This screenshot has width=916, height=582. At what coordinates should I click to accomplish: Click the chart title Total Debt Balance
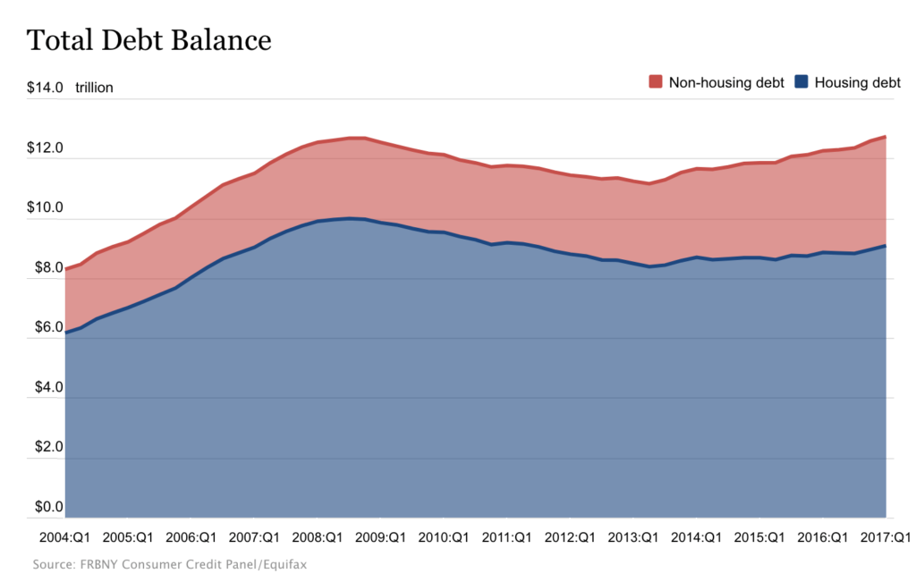point(148,40)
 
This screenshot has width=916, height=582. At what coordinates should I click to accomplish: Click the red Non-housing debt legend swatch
point(655,82)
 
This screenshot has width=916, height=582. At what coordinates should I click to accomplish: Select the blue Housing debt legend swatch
point(801,82)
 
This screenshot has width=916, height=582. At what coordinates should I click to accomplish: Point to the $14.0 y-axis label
point(45,88)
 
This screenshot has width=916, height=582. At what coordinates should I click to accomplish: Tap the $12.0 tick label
point(45,148)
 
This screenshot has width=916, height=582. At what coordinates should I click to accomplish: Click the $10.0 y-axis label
point(45,207)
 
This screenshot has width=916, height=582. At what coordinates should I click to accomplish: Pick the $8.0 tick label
point(45,267)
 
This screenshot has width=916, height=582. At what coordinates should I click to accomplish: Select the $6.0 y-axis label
point(45,327)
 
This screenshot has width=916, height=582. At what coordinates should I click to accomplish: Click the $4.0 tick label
point(45,387)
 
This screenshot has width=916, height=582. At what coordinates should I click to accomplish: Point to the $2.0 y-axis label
point(45,447)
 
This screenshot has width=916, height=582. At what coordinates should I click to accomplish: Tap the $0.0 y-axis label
point(45,507)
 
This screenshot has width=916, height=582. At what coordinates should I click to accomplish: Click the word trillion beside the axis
point(94,88)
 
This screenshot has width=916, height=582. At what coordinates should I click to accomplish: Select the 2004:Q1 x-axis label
point(64,538)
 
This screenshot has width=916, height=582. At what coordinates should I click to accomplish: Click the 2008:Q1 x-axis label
point(318,538)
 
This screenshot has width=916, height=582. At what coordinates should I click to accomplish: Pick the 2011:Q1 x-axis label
point(508,538)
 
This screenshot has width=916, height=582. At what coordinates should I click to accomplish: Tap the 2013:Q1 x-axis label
point(634,538)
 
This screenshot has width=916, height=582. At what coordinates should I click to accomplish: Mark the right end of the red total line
point(886,137)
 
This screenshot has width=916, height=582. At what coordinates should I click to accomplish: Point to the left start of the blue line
point(67,333)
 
